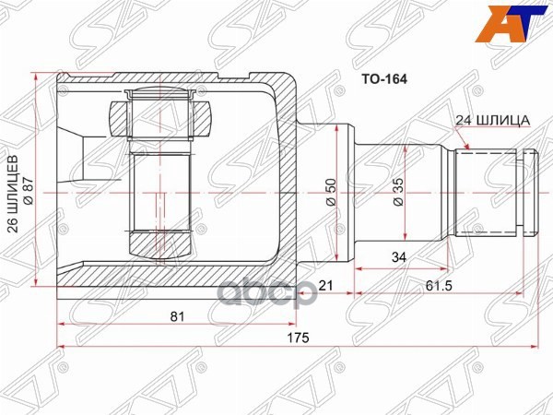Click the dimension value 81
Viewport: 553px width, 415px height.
click(178, 316)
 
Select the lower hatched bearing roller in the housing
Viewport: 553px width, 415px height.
click(162, 244)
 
